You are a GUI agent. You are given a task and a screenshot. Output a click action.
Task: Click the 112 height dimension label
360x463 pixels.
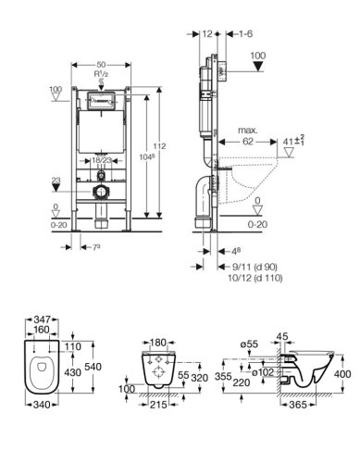click(159, 145)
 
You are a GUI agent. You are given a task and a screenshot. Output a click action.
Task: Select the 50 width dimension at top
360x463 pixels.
click(101, 65)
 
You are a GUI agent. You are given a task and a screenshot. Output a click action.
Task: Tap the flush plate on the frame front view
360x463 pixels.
click(101, 101)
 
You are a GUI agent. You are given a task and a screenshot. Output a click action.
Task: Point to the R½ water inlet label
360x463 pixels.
click(101, 74)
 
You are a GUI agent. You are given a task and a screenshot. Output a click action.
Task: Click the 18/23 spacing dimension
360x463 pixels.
click(102, 160)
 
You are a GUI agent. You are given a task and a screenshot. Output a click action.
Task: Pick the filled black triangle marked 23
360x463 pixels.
click(56, 188)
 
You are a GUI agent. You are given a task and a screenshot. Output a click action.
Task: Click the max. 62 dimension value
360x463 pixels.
click(248, 142)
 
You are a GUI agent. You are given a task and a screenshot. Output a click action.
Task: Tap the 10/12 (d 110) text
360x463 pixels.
click(254, 278)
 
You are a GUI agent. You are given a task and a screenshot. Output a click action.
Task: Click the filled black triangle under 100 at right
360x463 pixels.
click(258, 66)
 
